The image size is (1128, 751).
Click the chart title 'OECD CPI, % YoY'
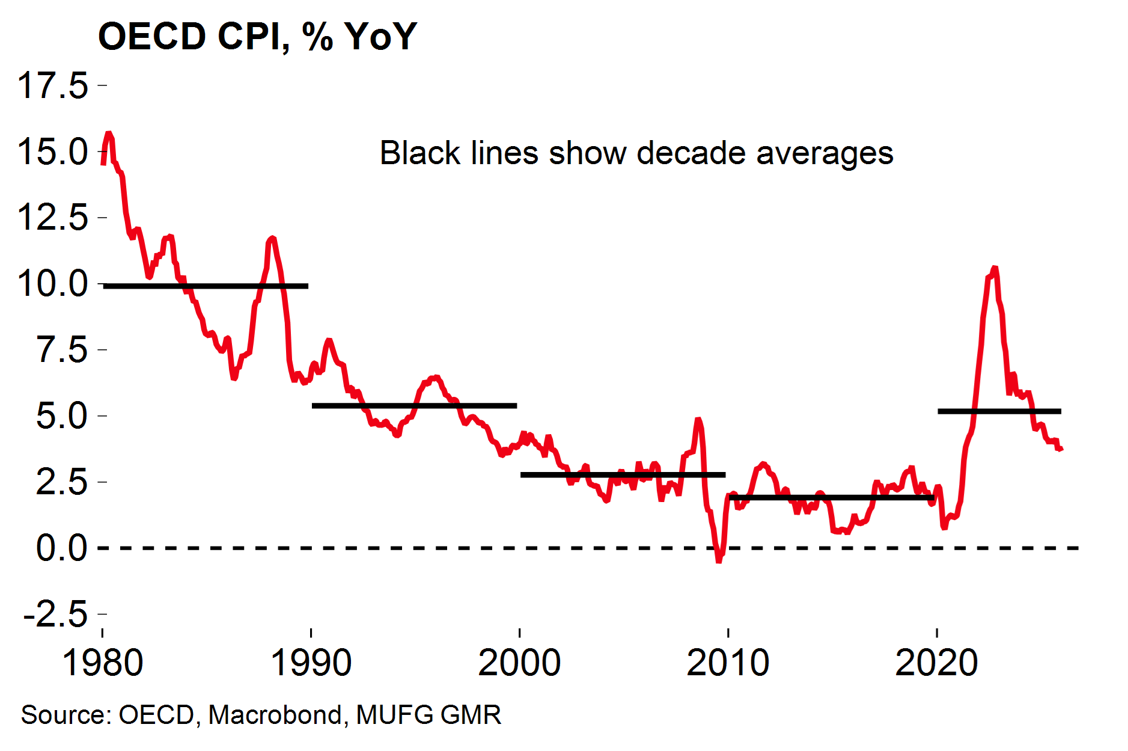point(257,36)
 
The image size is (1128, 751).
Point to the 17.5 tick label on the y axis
point(53,85)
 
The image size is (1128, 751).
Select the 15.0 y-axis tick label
point(53,152)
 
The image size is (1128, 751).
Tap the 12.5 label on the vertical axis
point(53,217)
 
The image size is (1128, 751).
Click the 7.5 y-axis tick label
point(62,349)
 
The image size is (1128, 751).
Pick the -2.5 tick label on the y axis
point(55,614)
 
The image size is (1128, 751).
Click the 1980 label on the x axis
point(102,663)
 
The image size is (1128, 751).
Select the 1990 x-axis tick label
point(311,663)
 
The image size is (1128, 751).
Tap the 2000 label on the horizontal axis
point(519,663)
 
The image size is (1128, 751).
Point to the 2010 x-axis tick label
point(728,663)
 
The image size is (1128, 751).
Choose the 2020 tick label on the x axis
point(936,663)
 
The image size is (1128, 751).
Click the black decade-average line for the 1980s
point(206,286)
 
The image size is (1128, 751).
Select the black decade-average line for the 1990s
point(414,406)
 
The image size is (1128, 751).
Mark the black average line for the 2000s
point(623,475)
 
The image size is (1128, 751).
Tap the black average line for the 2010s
point(832,498)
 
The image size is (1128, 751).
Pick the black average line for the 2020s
point(999,411)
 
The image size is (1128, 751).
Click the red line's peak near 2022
point(995,268)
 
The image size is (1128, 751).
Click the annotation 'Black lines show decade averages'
point(636,153)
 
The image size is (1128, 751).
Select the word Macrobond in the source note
point(275,715)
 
